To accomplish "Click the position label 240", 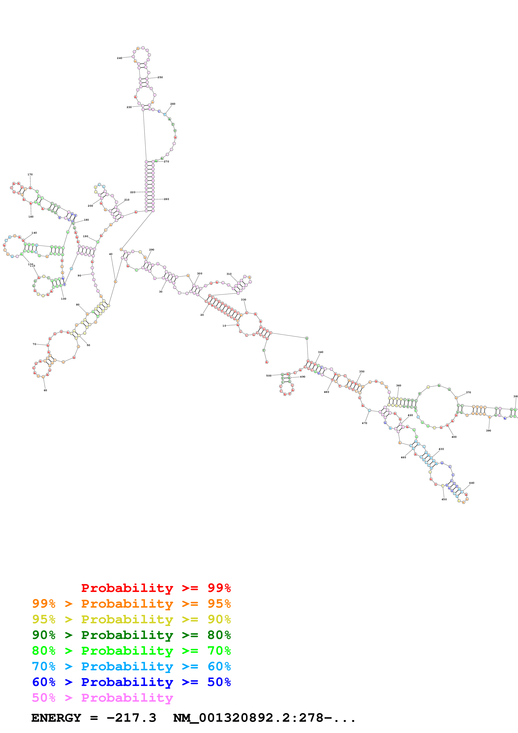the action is pos(119,58).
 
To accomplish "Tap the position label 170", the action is pos(30,175).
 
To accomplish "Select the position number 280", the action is pos(166,199).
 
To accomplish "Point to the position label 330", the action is pos(243,300).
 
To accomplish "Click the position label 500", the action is pos(269,376).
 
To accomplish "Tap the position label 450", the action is pos(444,500).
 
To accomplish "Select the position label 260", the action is pos(173,104).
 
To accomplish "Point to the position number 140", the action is pos(34,233).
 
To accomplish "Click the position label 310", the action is pos(229,274).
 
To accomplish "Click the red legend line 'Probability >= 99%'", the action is pos(156,588).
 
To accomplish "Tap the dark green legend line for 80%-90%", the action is pos(131,635).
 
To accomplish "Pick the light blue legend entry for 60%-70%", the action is pos(131,667).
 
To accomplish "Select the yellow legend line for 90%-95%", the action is pos(131,620).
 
